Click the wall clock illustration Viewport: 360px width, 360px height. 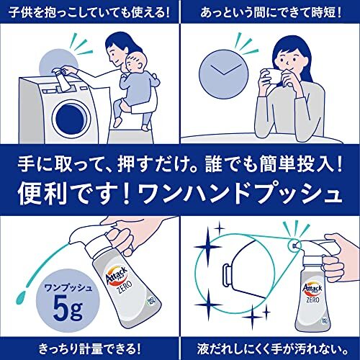pos(224,74)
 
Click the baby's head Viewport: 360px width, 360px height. pos(136,62)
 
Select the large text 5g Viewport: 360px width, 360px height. pos(68,309)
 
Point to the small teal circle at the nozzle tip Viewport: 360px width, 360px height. pos(294,246)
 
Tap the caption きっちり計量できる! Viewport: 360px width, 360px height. pos(89,348)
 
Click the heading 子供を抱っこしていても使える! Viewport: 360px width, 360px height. pos(89,12)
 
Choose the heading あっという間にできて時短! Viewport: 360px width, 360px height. pos(271,12)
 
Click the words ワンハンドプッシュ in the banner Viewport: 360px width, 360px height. pos(240,193)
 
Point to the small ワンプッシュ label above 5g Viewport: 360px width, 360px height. pos(68,287)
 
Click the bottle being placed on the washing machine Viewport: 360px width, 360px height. pos(63,79)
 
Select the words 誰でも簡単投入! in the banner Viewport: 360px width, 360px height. pos(274,164)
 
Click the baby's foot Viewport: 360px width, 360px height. pos(145,127)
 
